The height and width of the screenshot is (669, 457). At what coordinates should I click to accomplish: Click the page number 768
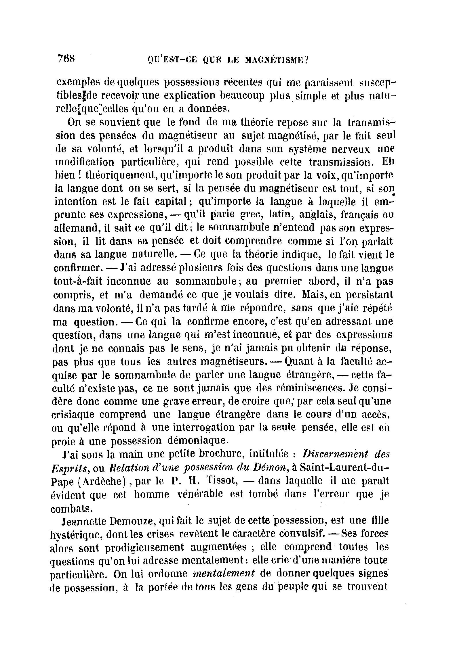click(66, 59)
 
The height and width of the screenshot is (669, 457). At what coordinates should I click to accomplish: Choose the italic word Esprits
click(69, 468)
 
